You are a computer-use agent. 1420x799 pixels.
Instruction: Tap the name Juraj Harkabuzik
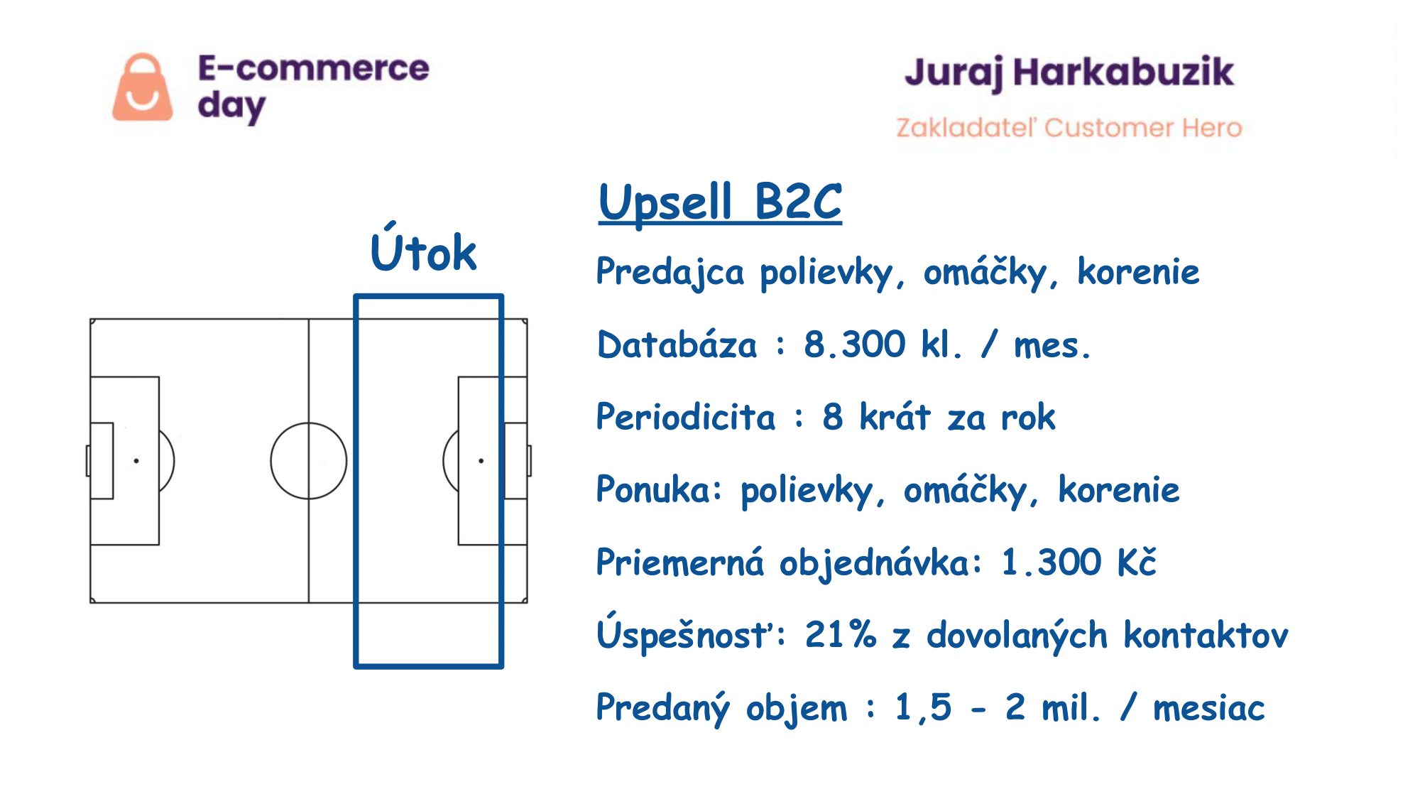pyautogui.click(x=1069, y=73)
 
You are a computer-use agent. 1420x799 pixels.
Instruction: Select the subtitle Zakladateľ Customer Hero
pyautogui.click(x=1069, y=127)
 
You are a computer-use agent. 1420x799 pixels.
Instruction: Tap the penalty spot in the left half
pyautogui.click(x=136, y=461)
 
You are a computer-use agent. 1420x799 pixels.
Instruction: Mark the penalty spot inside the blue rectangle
pyautogui.click(x=481, y=461)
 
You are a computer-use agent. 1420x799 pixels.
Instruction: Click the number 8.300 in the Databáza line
pyautogui.click(x=854, y=344)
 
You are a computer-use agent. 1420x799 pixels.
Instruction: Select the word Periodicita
pyautogui.click(x=685, y=417)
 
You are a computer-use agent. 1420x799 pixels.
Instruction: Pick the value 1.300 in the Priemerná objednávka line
pyautogui.click(x=1052, y=562)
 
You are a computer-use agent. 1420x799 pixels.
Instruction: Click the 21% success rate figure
pyautogui.click(x=841, y=634)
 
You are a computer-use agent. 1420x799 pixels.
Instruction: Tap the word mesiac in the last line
pyautogui.click(x=1208, y=708)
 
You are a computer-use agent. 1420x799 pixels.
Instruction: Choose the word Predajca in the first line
pyautogui.click(x=670, y=273)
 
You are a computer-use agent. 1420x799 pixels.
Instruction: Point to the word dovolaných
pyautogui.click(x=1017, y=635)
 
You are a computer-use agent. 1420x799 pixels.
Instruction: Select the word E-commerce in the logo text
pyautogui.click(x=313, y=68)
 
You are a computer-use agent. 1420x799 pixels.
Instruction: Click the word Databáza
pyautogui.click(x=677, y=344)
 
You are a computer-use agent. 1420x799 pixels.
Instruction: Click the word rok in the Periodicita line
pyautogui.click(x=1028, y=418)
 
